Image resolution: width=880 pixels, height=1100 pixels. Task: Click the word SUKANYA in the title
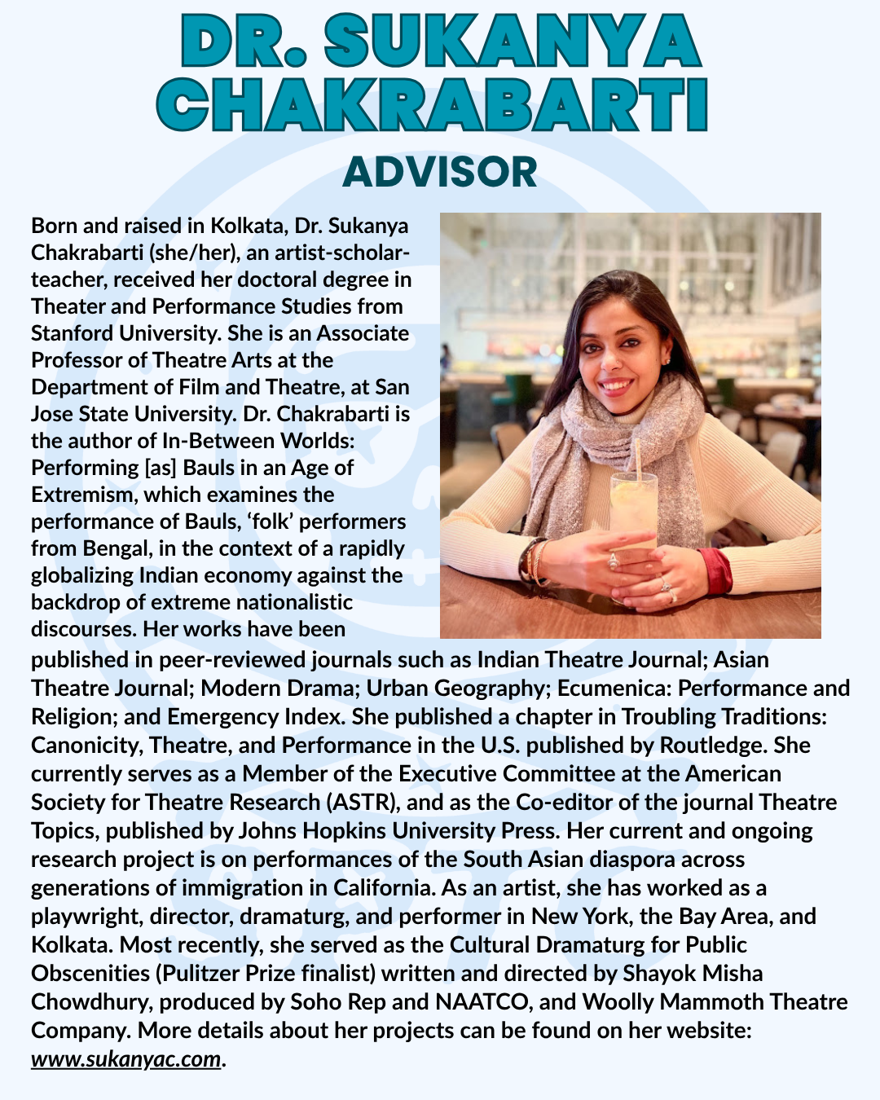click(512, 42)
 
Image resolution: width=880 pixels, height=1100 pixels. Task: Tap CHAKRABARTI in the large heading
click(431, 106)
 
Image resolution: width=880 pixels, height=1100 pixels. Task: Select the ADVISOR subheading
click(440, 172)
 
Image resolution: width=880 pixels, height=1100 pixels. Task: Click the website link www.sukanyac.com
click(126, 1058)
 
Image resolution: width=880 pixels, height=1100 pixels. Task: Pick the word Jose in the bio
click(52, 414)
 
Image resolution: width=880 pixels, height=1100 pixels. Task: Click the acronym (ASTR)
click(362, 802)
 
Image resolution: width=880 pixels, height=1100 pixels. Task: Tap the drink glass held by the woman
click(633, 513)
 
